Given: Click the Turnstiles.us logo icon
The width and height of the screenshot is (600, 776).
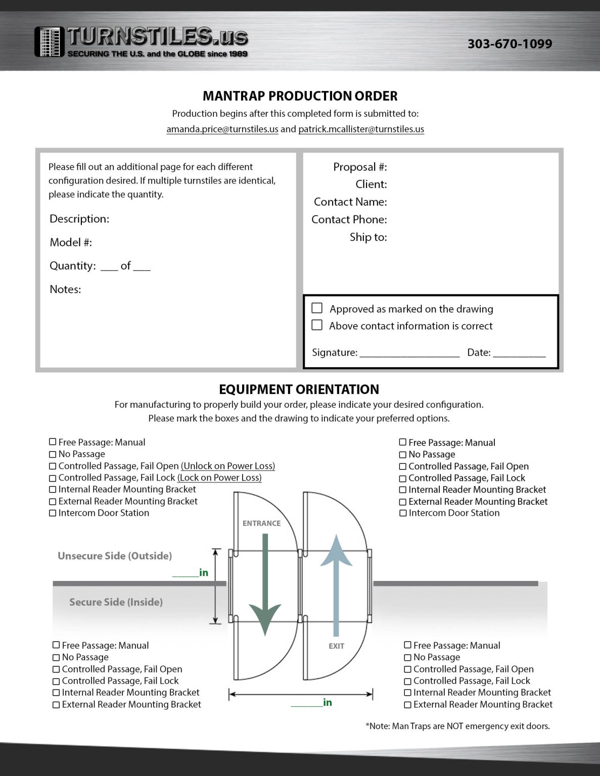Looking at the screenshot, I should [50, 42].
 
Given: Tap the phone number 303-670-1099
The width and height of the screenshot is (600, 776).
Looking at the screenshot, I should [510, 44].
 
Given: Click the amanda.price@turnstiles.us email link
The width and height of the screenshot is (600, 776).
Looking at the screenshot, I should [222, 129].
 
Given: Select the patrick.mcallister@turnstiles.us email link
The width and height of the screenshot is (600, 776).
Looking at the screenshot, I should [361, 129].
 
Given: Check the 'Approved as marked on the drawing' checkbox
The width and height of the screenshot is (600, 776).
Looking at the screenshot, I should [317, 308].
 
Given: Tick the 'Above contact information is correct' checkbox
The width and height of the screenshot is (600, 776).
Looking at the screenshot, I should [317, 325].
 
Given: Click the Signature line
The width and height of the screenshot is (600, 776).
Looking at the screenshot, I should [409, 353].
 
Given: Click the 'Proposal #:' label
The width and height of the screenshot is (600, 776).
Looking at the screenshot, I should [360, 167].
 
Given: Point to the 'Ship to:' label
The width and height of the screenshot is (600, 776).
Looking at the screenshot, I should [368, 237].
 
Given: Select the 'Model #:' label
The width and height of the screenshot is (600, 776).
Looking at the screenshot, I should [71, 243].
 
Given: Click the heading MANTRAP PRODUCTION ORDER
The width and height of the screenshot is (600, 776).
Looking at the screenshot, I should [300, 96].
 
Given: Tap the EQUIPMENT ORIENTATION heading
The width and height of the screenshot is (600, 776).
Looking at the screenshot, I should [299, 390].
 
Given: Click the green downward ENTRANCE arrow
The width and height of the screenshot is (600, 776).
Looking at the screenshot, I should [265, 586].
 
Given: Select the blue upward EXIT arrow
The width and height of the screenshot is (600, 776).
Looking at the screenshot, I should [336, 581].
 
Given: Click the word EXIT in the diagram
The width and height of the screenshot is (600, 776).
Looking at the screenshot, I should [336, 646].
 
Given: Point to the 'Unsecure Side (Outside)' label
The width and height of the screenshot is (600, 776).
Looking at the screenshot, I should [115, 556].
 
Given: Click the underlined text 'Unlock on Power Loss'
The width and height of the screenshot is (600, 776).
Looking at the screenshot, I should [228, 466].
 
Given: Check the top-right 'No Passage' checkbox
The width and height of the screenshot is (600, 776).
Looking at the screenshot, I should [403, 455].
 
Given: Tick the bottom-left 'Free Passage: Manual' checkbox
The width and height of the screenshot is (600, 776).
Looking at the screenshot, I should [56, 645].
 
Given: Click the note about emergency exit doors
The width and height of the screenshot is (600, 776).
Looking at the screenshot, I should [457, 726].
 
